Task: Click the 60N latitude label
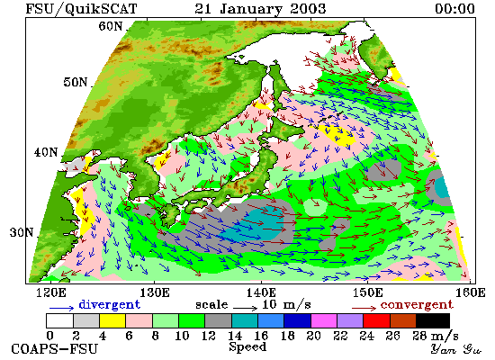[110, 26]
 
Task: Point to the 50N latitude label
[75, 82]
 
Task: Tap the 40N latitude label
[46, 152]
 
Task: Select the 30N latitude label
[22, 232]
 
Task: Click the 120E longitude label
[51, 292]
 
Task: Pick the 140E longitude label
[261, 292]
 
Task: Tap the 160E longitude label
[471, 292]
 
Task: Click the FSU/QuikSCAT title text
[81, 8]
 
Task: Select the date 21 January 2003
[260, 8]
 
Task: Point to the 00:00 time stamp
[454, 8]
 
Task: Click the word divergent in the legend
[109, 304]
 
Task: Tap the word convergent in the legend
[417, 304]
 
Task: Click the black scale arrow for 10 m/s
[246, 307]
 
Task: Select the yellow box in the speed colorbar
[112, 320]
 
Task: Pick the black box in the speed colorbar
[433, 320]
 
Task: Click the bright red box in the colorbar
[376, 320]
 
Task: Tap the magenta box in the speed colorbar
[324, 320]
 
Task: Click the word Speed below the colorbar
[247, 347]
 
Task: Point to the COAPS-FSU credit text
[54, 349]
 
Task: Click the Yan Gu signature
[455, 349]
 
